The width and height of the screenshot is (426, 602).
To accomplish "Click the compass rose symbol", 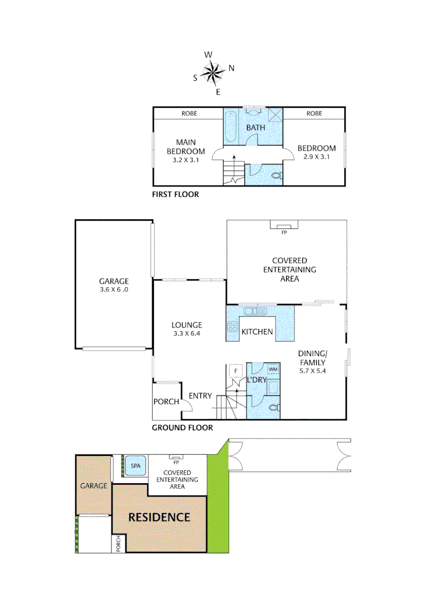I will coord(213,72).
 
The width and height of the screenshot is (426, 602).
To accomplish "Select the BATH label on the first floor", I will coord(256,128).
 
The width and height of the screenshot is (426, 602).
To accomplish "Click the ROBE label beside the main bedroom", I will coord(188,113).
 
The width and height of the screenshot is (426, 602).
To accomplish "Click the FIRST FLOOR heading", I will coord(175,195).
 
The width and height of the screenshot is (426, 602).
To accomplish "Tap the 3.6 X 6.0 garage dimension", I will coord(114,290).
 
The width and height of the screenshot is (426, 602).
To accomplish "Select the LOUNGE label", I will coord(186,325).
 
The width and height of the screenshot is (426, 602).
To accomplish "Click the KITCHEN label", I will coord(257,332).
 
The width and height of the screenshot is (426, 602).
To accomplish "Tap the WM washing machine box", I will coord(273,370).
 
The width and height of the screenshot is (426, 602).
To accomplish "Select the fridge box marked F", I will coord(236,370).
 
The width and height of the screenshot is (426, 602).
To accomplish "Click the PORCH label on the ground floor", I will coord(166,401).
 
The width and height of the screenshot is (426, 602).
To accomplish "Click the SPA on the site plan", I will coord(135,465).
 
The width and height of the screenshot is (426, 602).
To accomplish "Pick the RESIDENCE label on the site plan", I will coord(159,517).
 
